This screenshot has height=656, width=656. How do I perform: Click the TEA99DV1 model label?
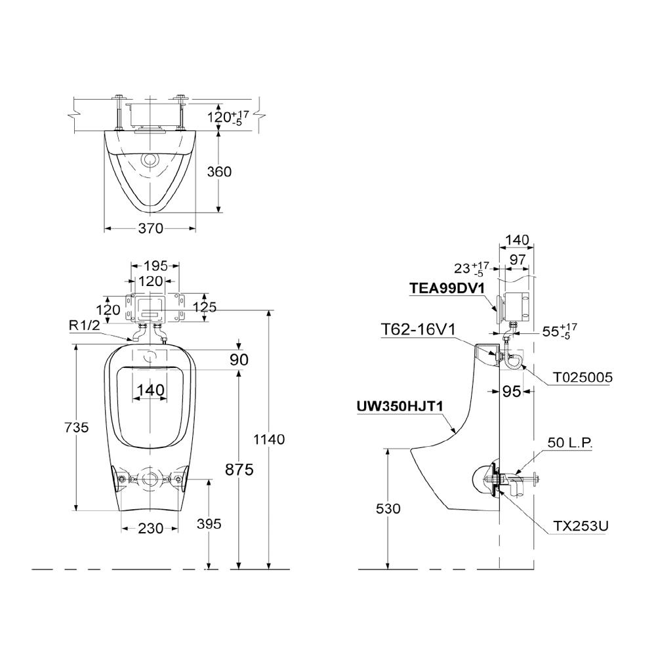(447, 288)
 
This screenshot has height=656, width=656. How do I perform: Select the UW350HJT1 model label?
(400, 406)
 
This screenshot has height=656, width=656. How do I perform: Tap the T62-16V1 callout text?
(417, 330)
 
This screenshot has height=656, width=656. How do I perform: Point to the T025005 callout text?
(583, 377)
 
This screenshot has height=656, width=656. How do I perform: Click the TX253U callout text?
(581, 526)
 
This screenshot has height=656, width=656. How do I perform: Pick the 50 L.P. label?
(570, 442)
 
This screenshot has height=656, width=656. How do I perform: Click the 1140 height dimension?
(269, 440)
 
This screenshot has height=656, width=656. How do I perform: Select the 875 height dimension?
(239, 470)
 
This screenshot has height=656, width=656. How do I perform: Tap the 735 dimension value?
(77, 427)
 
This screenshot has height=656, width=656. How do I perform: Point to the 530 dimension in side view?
(388, 509)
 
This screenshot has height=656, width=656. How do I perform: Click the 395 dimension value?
(209, 523)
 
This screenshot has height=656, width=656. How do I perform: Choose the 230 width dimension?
(151, 528)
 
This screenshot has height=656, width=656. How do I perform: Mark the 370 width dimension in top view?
(151, 228)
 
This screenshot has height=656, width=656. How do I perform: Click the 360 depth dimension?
(219, 171)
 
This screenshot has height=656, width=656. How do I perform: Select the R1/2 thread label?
(85, 325)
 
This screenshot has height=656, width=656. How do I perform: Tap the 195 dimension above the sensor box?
(155, 266)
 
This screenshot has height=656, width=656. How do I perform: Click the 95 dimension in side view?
(511, 392)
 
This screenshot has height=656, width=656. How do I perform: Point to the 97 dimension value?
(518, 260)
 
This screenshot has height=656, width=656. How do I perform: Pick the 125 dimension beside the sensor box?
(205, 308)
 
